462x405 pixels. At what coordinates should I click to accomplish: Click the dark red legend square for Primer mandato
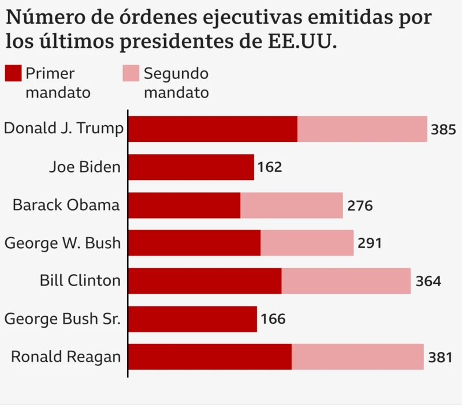pyautogui.click(x=14, y=74)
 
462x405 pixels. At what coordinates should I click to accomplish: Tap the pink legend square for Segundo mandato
pyautogui.click(x=131, y=74)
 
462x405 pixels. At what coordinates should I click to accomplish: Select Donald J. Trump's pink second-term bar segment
pyautogui.click(x=362, y=129)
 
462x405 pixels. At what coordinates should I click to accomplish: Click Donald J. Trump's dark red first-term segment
pyautogui.click(x=213, y=129)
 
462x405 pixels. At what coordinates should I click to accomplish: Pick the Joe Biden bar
pyautogui.click(x=191, y=167)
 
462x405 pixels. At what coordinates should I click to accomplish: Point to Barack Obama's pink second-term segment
pyautogui.click(x=291, y=205)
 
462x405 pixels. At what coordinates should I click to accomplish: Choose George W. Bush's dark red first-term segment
pyautogui.click(x=194, y=243)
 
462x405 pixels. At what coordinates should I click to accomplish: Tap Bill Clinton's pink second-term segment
pyautogui.click(x=346, y=281)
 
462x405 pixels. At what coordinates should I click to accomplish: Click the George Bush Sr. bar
pyautogui.click(x=192, y=319)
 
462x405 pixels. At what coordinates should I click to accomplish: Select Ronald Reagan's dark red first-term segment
pyautogui.click(x=210, y=357)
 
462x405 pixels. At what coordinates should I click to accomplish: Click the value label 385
pyautogui.click(x=444, y=130)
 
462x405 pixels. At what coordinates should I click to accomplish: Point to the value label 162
pyautogui.click(x=270, y=168)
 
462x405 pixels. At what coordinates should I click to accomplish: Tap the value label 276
pyautogui.click(x=360, y=206)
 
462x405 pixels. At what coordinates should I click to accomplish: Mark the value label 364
pyautogui.click(x=428, y=282)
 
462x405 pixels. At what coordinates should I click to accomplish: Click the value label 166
pyautogui.click(x=273, y=320)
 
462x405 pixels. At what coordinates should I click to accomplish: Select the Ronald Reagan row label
pyautogui.click(x=66, y=357)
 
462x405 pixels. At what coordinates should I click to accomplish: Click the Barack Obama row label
pyautogui.click(x=66, y=205)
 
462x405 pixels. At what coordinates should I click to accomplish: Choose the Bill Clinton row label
pyautogui.click(x=80, y=281)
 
